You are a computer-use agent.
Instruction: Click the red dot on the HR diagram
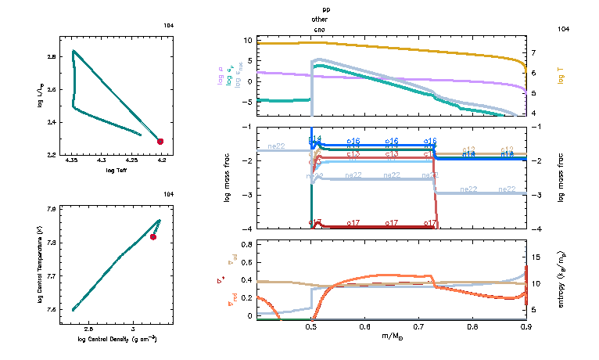coord(160,141)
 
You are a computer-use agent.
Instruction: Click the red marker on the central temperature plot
coord(153,237)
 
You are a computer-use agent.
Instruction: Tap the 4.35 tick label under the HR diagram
coord(72,161)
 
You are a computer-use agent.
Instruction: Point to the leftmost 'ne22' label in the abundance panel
coord(276,146)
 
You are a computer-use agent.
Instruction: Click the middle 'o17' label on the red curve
coord(393,223)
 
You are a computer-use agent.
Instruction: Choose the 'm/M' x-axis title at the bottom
coord(390,337)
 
